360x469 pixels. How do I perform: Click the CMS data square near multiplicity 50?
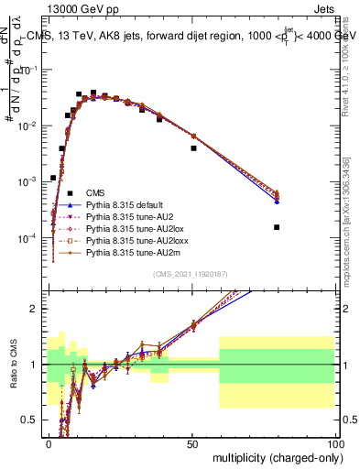193,147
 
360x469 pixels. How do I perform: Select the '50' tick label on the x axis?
192,442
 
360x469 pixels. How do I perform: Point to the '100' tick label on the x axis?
333,442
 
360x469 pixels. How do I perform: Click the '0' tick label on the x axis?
49,442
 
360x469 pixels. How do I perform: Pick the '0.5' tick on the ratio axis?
31,421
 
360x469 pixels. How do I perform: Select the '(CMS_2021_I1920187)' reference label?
191,274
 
